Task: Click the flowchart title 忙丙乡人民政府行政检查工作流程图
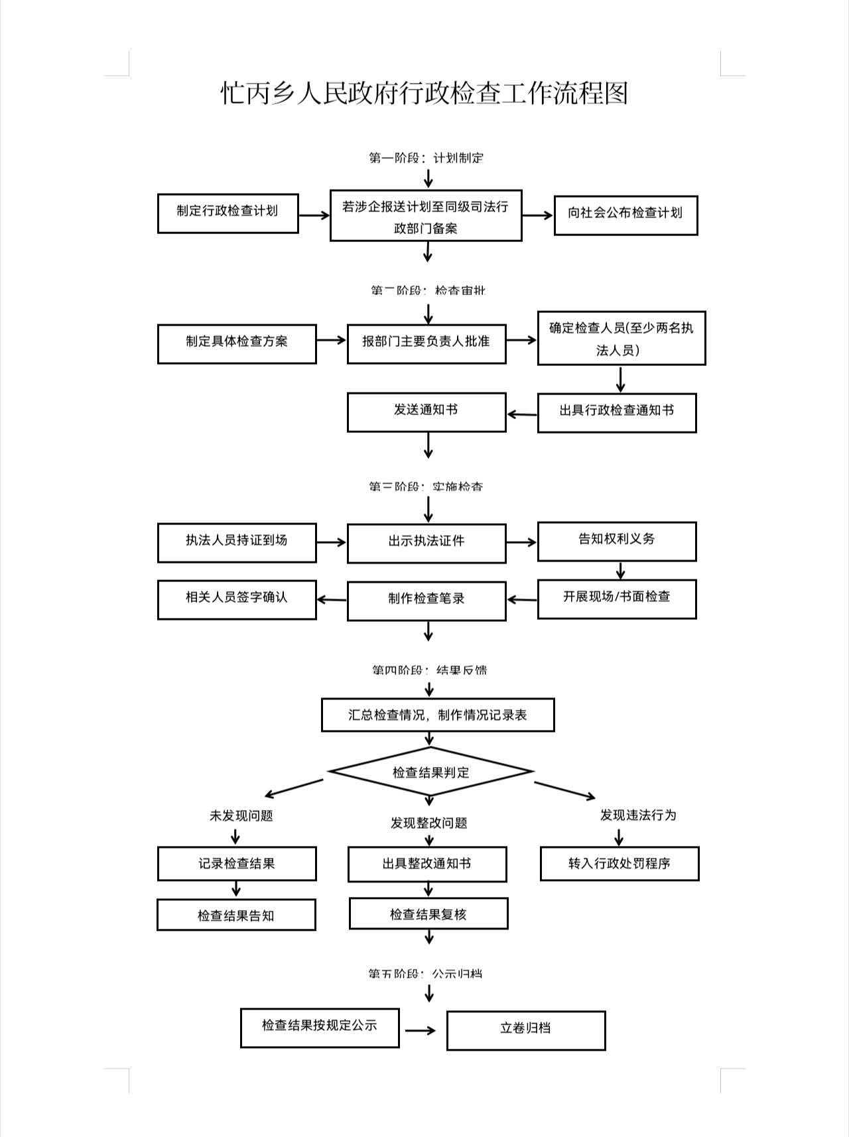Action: click(424, 93)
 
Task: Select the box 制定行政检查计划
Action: click(228, 213)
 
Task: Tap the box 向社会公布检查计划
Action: click(625, 215)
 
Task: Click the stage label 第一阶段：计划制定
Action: click(426, 158)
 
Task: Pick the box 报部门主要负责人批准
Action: click(426, 343)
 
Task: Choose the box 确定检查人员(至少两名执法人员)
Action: click(621, 338)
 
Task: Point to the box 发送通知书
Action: click(426, 412)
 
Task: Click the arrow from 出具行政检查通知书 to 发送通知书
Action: click(522, 414)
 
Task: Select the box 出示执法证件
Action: click(426, 543)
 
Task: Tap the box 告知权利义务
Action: click(616, 541)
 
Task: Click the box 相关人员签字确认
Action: click(236, 599)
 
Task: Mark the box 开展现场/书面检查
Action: click(616, 599)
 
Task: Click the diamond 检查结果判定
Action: click(430, 772)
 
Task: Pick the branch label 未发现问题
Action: click(241, 815)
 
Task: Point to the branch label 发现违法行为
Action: click(637, 815)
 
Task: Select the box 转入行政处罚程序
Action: click(619, 863)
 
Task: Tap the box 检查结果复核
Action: click(428, 914)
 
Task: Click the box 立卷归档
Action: click(525, 1030)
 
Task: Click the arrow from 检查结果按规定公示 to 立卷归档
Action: click(421, 1030)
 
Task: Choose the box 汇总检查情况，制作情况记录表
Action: click(437, 715)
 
